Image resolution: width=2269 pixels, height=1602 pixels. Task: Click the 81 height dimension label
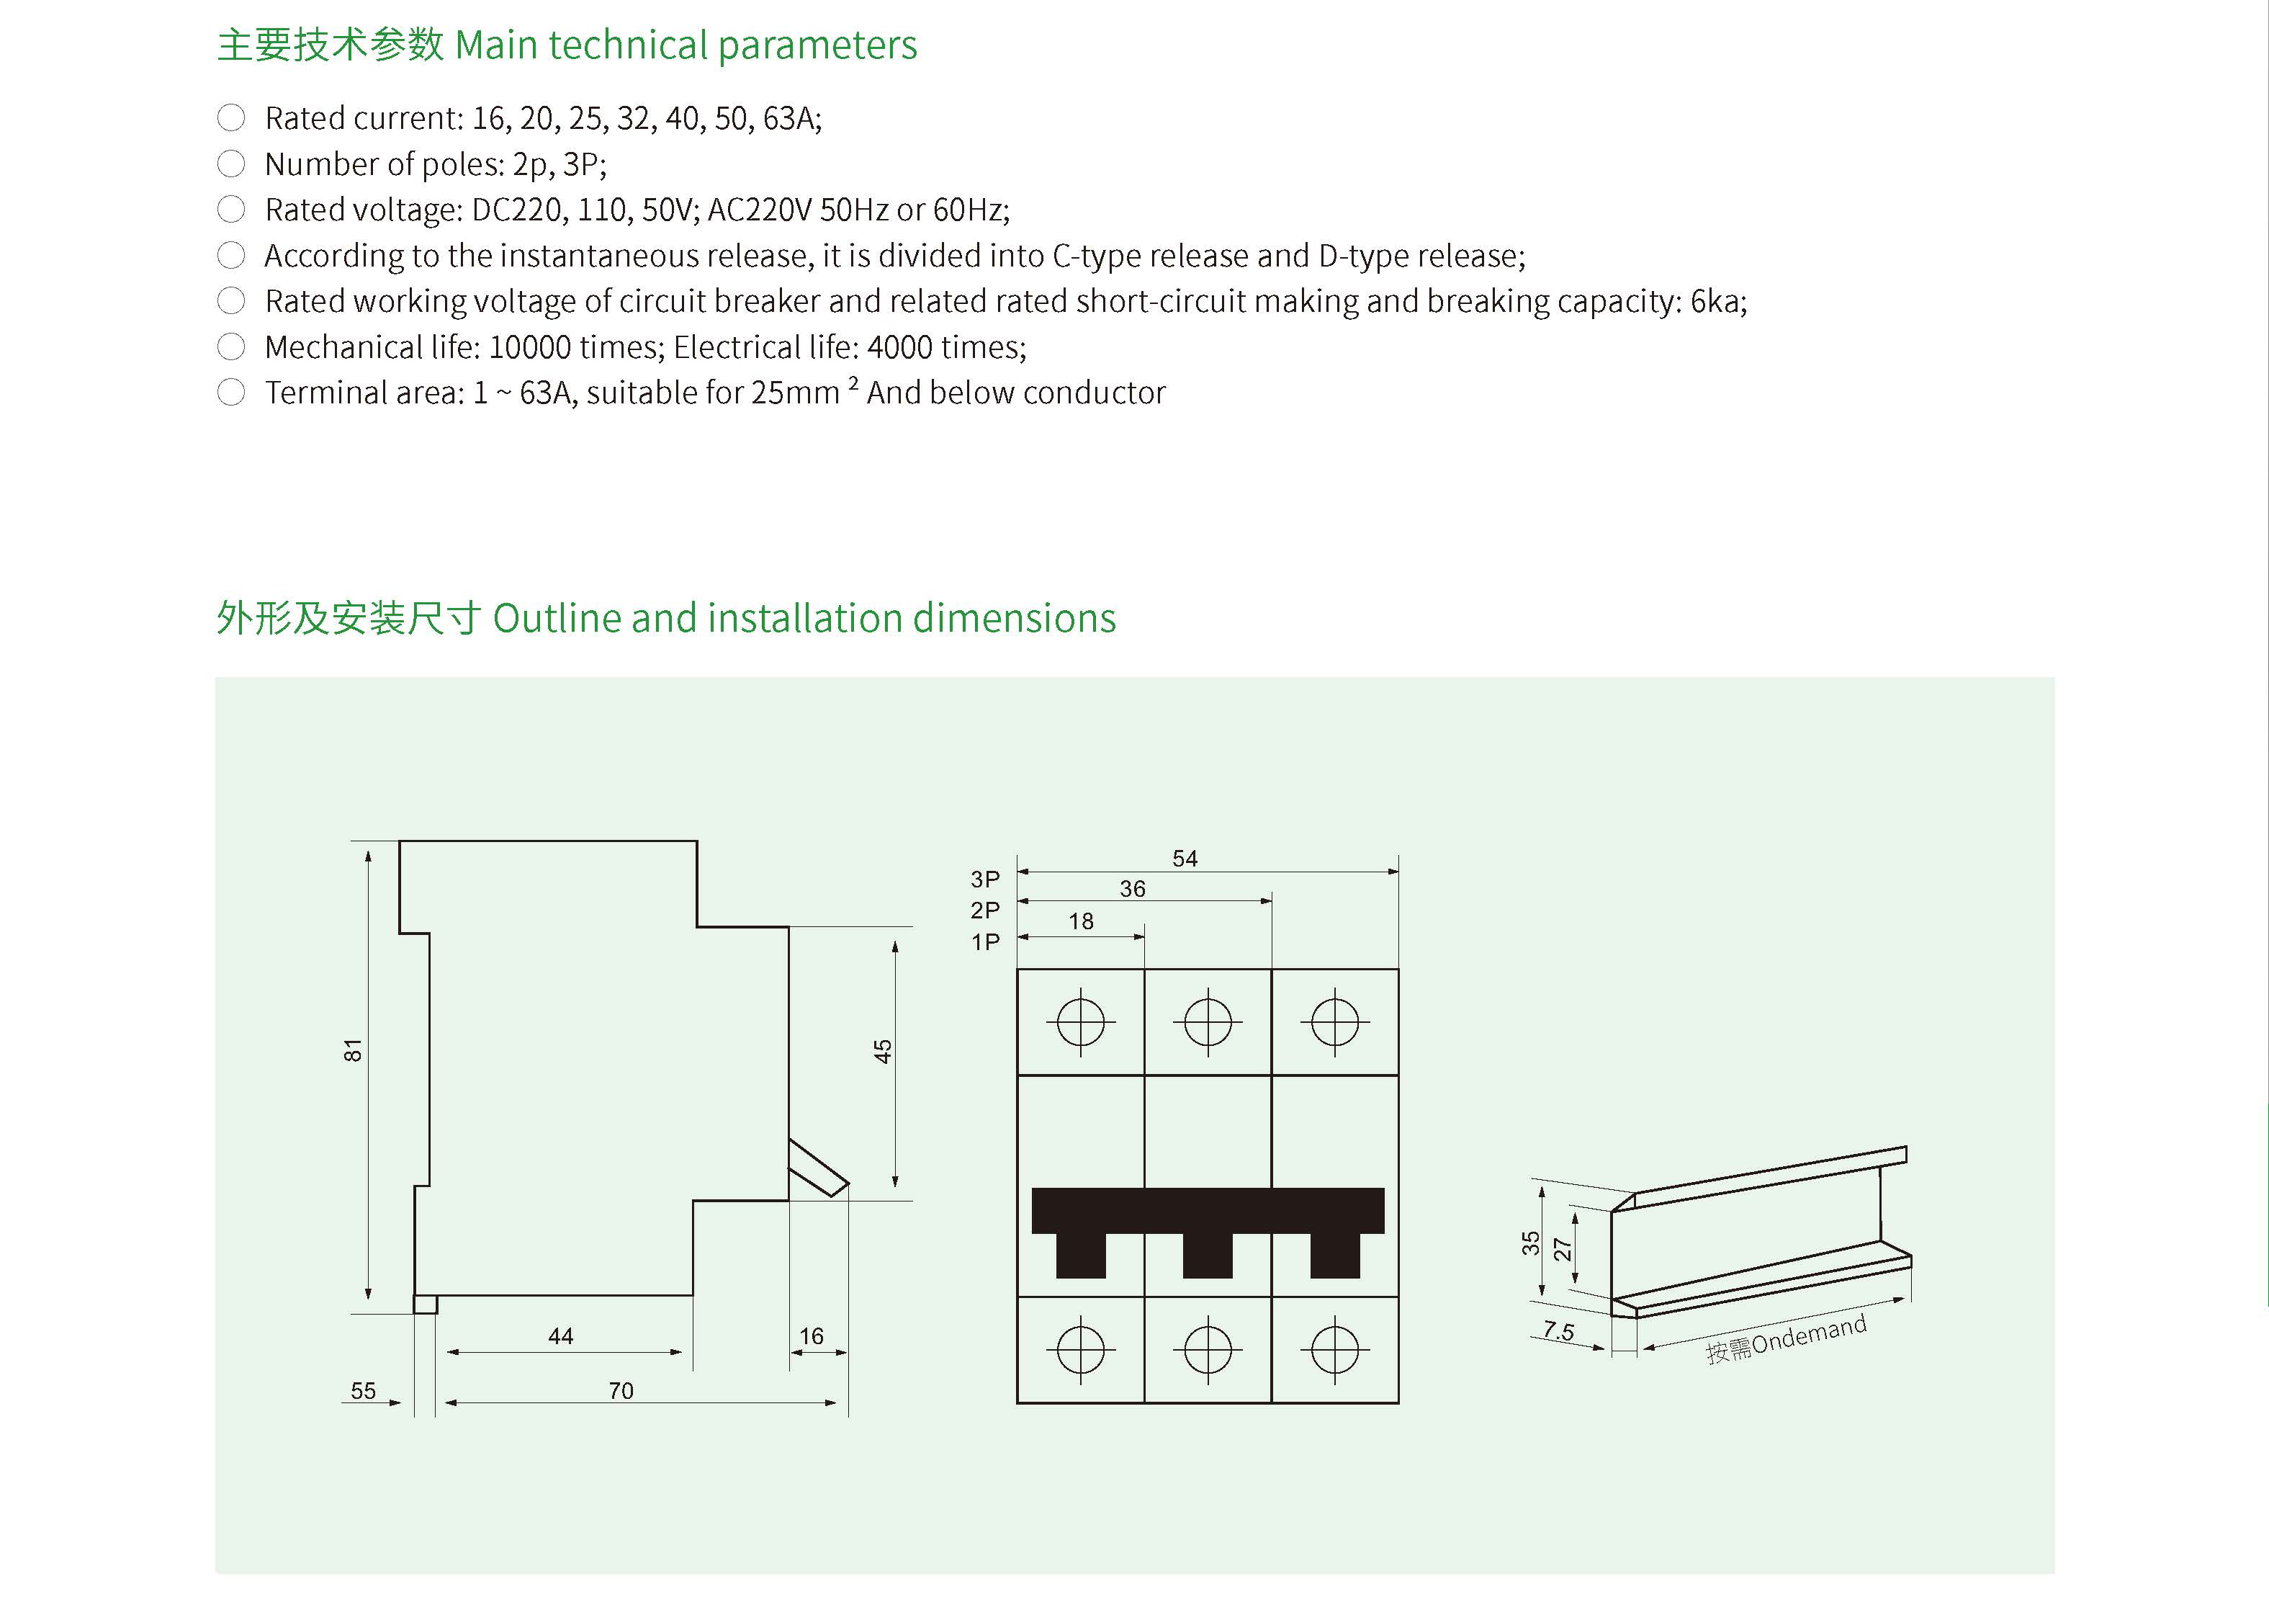(353, 1050)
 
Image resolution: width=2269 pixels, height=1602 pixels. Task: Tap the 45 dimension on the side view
(883, 1052)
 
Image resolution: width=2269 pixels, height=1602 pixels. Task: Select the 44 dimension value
(560, 1336)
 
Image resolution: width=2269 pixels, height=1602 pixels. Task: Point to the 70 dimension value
(621, 1390)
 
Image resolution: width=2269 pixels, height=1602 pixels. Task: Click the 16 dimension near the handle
(812, 1336)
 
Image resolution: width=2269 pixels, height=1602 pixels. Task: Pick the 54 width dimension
(1185, 859)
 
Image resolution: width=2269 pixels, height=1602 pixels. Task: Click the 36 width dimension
(1133, 888)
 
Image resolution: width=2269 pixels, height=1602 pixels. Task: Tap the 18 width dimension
(1081, 921)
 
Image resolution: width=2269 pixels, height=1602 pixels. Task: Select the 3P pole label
(985, 879)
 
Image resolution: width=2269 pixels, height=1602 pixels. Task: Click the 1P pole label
(985, 942)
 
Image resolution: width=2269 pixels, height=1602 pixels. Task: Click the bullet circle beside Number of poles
(231, 164)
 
